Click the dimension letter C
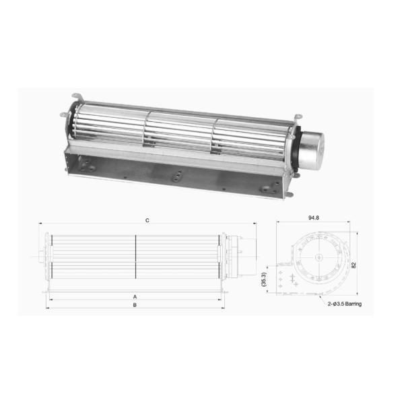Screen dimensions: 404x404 pos(146,220)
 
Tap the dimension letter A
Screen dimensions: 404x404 pos(135,296)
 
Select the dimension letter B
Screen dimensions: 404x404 pos(135,305)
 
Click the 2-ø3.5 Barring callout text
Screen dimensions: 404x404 pos(343,304)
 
